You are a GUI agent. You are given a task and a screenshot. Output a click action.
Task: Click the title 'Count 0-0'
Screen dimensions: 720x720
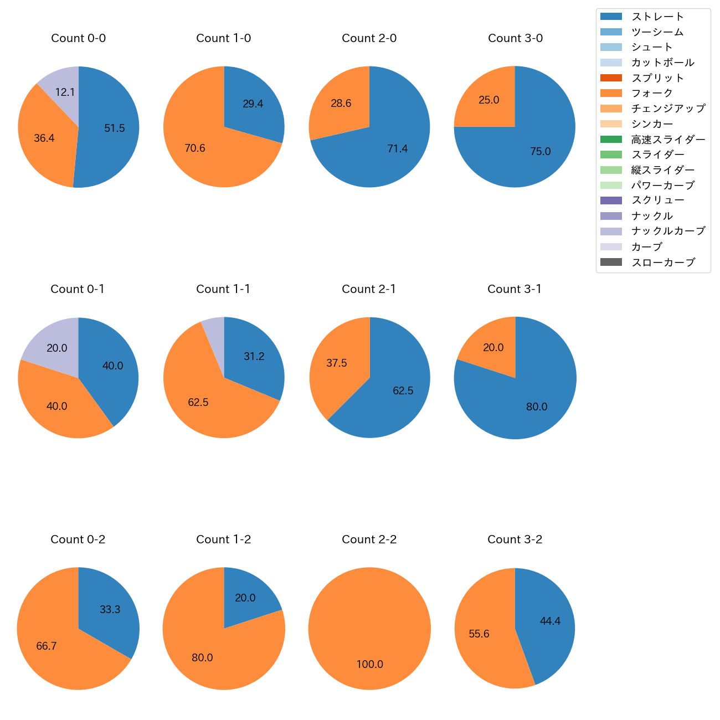coord(78,38)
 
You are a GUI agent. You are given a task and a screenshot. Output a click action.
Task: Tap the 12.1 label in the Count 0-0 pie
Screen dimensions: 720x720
coord(65,92)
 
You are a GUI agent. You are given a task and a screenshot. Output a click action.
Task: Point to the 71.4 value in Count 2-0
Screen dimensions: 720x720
coord(397,148)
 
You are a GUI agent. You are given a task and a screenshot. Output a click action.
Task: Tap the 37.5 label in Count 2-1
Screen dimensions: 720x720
coord(336,363)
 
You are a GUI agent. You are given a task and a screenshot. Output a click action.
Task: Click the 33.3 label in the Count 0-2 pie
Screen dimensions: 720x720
coord(110,609)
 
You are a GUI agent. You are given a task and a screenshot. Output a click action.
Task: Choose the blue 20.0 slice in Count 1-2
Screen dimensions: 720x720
coord(246,595)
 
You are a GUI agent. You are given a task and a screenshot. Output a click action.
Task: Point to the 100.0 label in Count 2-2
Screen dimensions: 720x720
coord(369,664)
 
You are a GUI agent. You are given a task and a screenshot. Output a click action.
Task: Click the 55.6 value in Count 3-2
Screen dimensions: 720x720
coord(479,634)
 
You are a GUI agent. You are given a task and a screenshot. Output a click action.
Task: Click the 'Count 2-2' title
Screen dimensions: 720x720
coord(369,539)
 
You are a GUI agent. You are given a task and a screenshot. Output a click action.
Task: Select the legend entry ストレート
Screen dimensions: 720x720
coord(657,17)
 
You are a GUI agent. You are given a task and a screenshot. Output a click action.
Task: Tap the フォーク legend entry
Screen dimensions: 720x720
coord(652,93)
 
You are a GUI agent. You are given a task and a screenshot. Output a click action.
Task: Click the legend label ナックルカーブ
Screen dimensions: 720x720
coord(668,231)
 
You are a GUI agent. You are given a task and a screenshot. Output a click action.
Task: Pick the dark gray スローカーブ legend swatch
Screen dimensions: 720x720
coord(611,262)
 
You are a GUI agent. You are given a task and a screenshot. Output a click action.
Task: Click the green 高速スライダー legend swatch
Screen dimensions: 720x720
coord(611,139)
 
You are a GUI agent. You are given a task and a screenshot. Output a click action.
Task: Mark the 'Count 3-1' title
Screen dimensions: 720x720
coord(514,289)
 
